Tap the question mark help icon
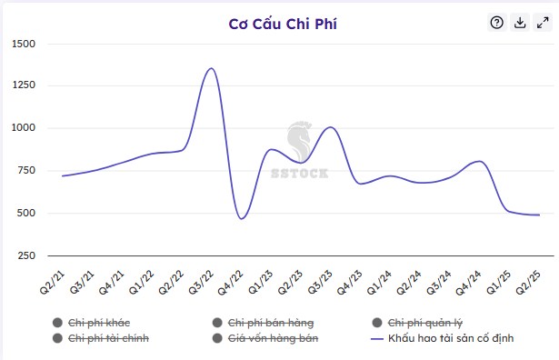coord(496,23)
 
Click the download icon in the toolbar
coord(520,23)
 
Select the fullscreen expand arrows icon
coord(543,23)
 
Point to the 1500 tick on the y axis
coord(24,44)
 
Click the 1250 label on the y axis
coord(24,85)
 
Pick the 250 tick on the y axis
coord(26,255)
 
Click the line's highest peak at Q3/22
coord(211,68)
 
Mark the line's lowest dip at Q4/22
coord(241,218)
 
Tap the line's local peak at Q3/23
coord(330,127)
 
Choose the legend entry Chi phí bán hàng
coord(269,323)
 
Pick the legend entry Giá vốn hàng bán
coord(270,338)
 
